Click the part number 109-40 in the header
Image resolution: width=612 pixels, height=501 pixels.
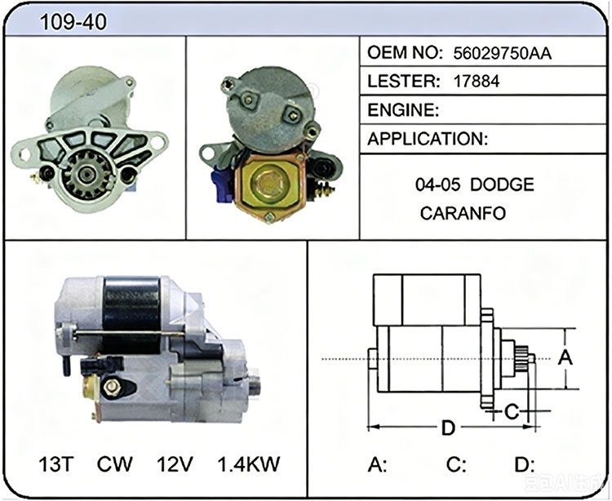(73, 21)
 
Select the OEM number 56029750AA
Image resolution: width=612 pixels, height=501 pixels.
(503, 54)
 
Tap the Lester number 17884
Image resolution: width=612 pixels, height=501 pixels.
(477, 81)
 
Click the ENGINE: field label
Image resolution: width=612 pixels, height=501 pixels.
(403, 110)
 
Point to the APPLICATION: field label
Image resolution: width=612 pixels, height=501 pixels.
(428, 139)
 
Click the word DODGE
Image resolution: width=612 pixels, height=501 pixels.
(502, 184)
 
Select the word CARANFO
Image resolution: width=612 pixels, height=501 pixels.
(463, 214)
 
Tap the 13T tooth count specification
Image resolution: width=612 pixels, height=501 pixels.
(56, 464)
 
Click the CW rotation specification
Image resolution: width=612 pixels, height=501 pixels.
(115, 464)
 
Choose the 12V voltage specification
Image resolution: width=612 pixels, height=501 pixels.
(175, 464)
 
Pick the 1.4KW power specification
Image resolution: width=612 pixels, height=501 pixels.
(249, 464)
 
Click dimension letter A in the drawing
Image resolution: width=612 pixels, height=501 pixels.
(565, 358)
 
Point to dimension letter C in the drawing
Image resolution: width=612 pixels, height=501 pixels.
(512, 411)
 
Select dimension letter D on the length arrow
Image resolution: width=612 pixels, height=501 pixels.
(448, 428)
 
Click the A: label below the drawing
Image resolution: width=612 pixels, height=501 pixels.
(378, 464)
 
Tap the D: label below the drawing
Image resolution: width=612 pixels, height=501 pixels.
(524, 464)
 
